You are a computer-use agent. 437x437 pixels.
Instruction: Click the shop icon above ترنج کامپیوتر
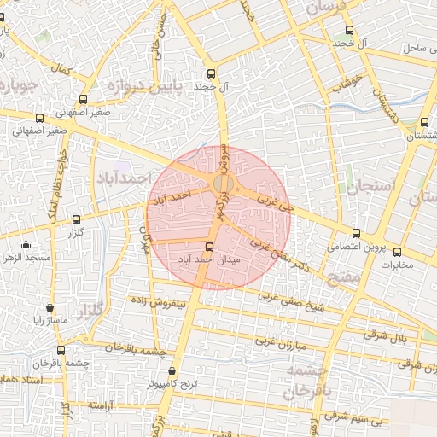coord(173,371)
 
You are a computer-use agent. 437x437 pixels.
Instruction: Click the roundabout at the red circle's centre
coord(223,184)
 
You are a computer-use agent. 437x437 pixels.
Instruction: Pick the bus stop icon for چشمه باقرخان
coord(60,350)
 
